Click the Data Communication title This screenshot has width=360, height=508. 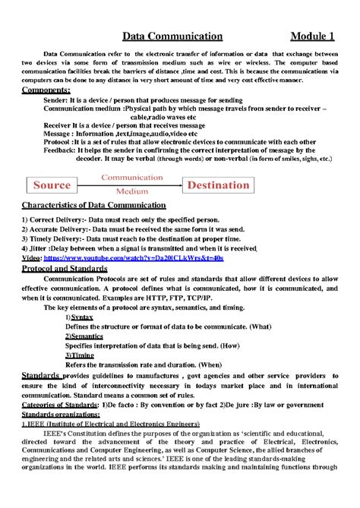(x=172, y=36)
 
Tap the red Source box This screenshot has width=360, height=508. (x=52, y=185)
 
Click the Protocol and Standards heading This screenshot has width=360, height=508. (x=65, y=269)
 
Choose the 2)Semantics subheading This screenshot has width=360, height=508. (x=84, y=335)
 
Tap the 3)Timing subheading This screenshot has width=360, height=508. (x=80, y=355)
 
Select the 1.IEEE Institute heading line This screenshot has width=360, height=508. (x=110, y=424)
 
